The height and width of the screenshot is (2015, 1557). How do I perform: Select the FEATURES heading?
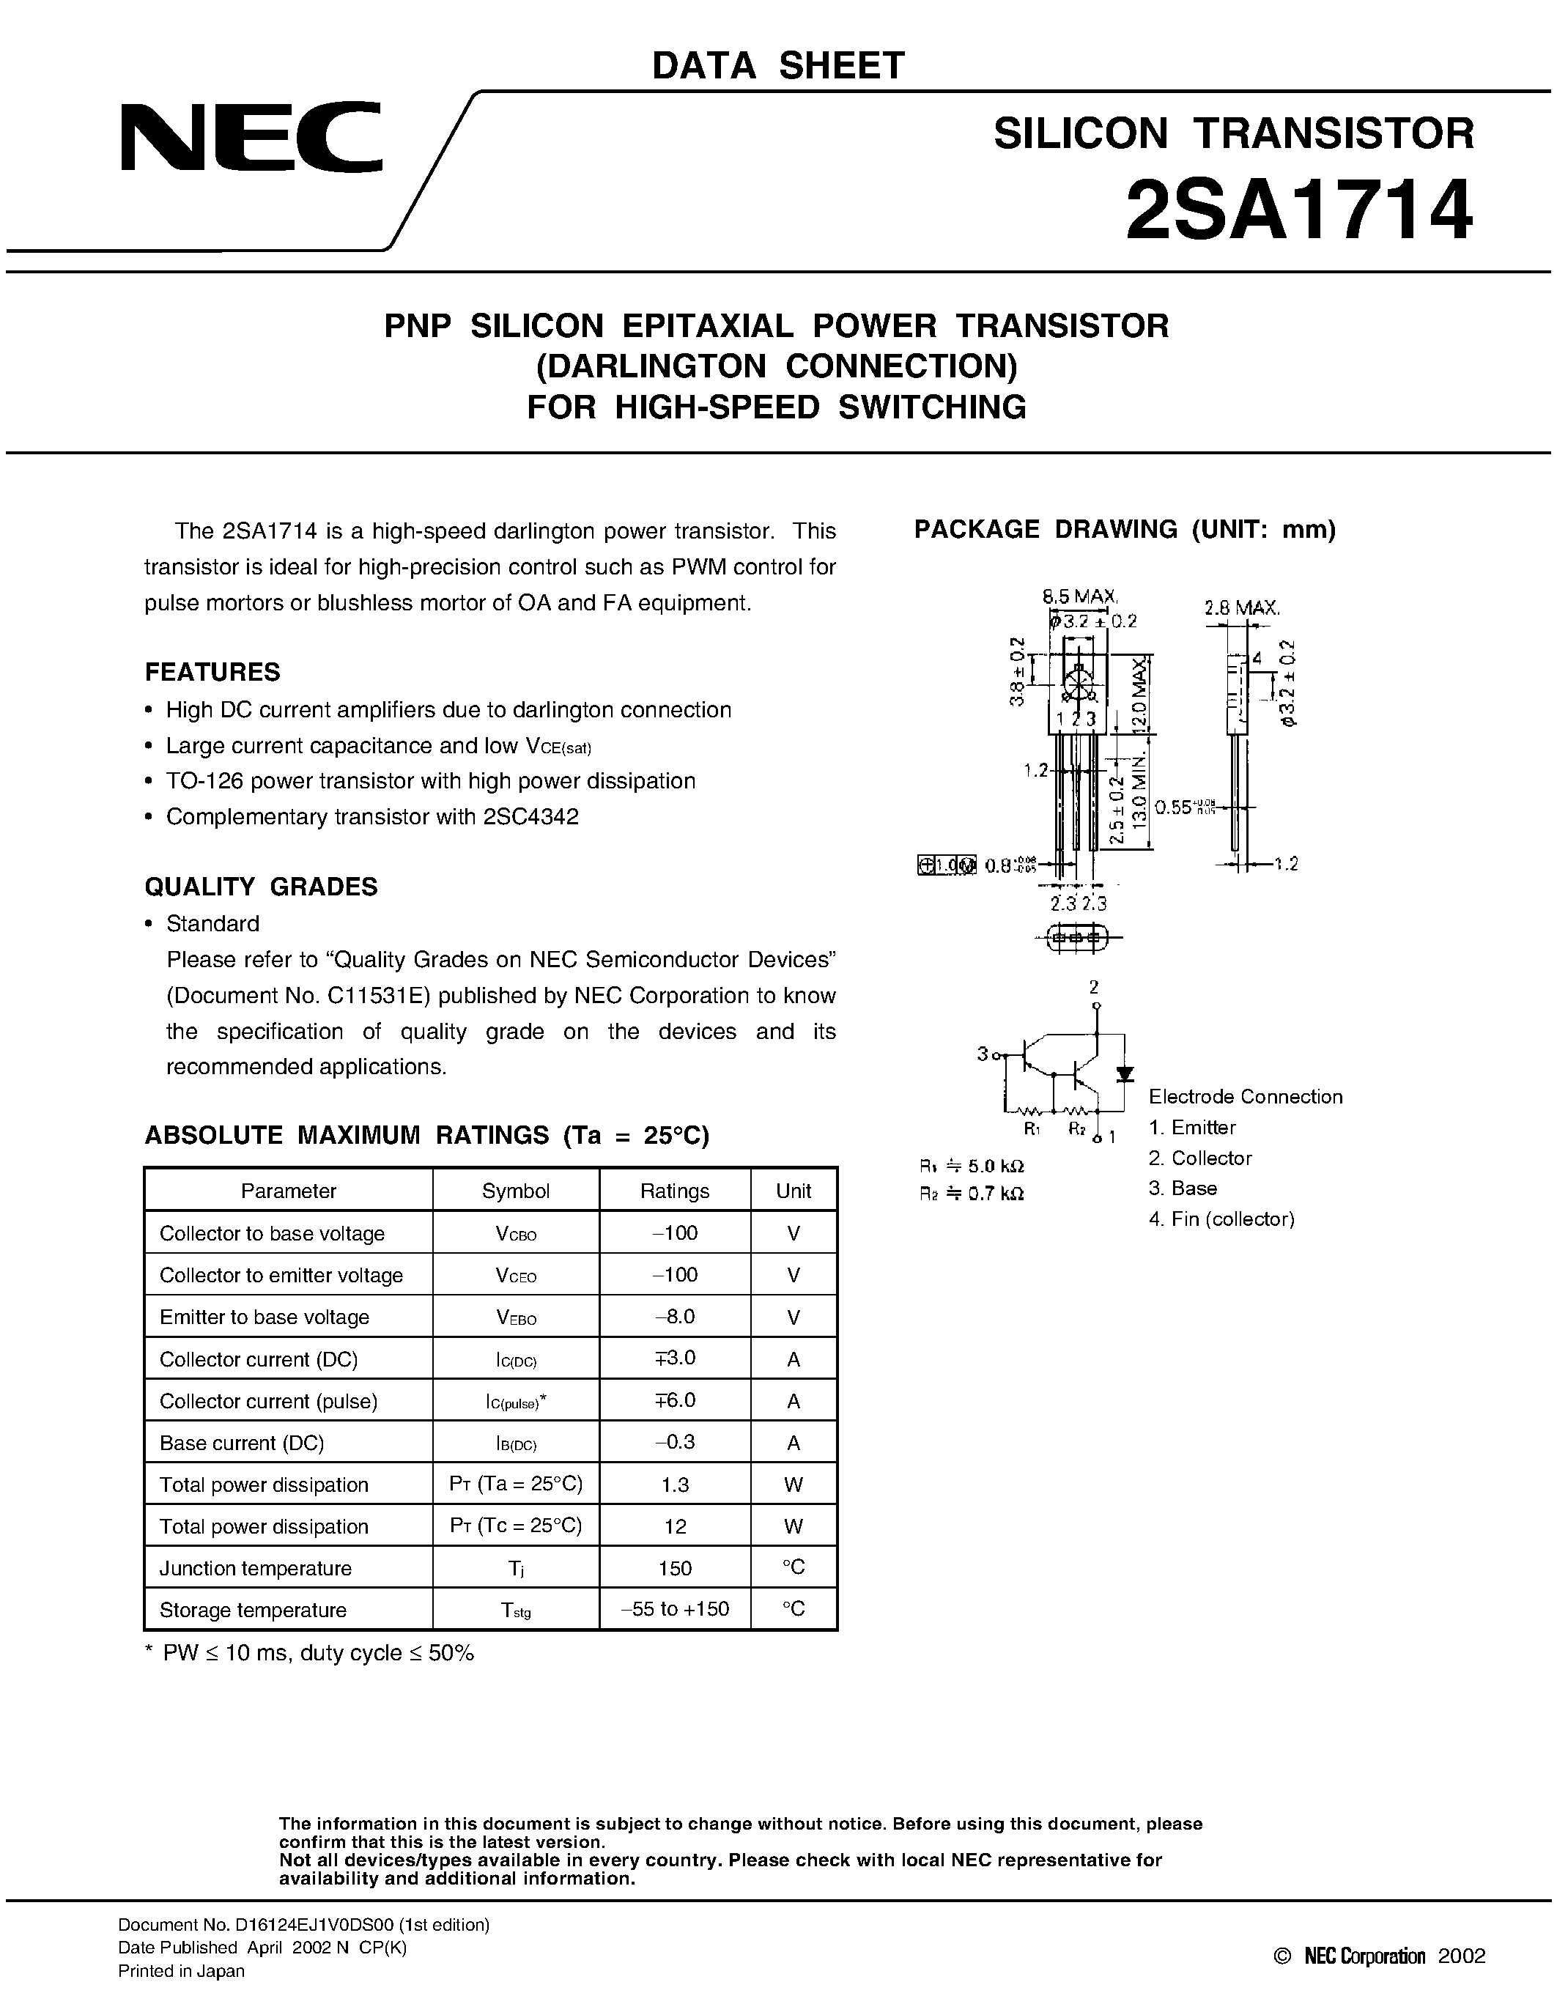coord(212,672)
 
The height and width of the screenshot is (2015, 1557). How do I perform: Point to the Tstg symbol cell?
coord(516,1610)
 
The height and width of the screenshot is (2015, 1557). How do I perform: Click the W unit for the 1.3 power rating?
coord(794,1485)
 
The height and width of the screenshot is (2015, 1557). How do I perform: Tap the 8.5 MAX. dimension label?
coord(1080,597)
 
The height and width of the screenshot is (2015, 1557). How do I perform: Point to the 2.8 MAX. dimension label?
coord(1241,608)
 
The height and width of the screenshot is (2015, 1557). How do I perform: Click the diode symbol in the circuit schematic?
coord(1125,1074)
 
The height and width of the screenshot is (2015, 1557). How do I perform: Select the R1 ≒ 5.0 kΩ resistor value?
coord(972,1167)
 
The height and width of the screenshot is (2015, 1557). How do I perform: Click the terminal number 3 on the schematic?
coord(983,1053)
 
